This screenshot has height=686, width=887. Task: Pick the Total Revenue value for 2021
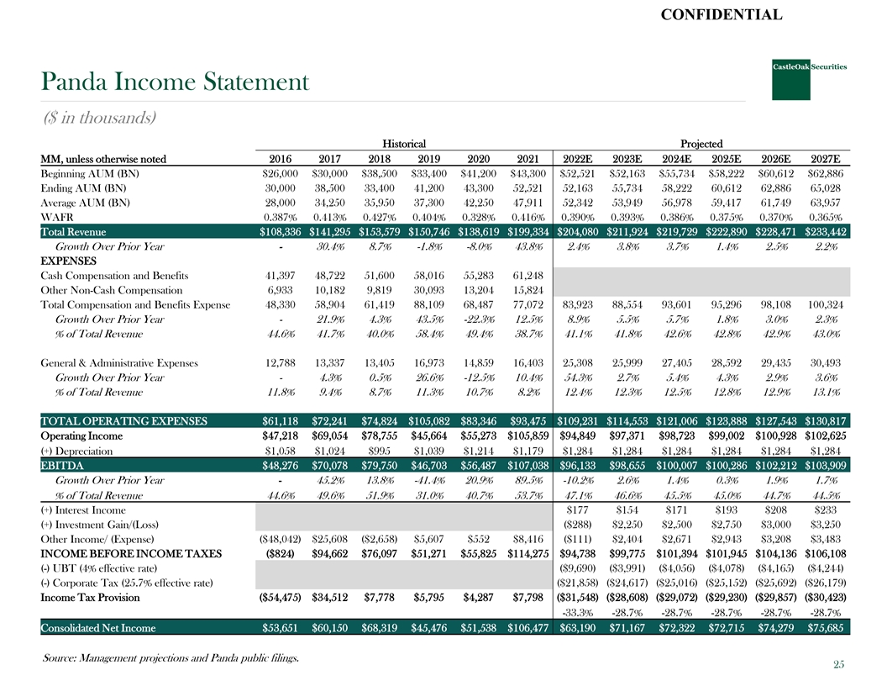527,232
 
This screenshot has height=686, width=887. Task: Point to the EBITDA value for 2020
480,465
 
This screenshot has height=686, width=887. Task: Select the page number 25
838,665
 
